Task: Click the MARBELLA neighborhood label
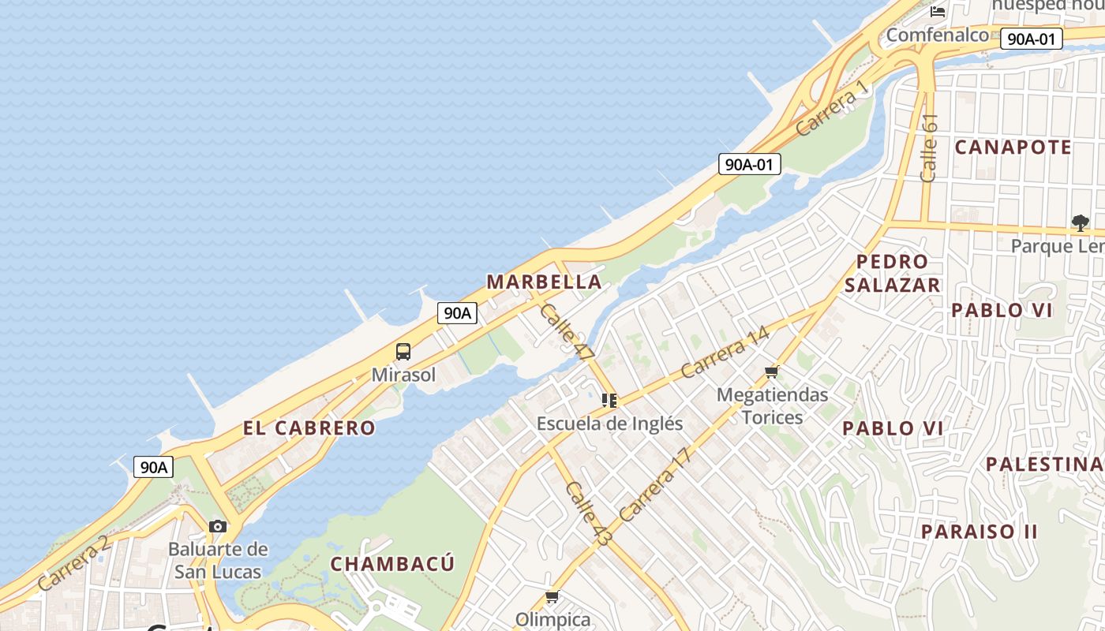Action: (x=544, y=282)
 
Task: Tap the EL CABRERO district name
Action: (x=309, y=428)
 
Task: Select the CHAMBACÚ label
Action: (x=392, y=564)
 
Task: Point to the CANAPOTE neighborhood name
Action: (x=1013, y=147)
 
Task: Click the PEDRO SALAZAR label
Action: (x=893, y=273)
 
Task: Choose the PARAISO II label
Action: (x=979, y=532)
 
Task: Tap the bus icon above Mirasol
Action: (x=403, y=351)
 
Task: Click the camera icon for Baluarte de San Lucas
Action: (x=218, y=526)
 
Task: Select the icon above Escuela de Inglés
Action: (x=609, y=401)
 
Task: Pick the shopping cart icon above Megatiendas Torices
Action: (x=772, y=372)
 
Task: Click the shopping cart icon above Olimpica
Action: (x=552, y=596)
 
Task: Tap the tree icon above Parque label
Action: (x=1080, y=223)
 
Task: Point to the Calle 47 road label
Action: (x=567, y=333)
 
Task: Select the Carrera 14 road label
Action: (x=725, y=351)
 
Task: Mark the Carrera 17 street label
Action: (x=655, y=485)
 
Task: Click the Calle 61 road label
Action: (x=929, y=147)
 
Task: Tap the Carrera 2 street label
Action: (x=73, y=563)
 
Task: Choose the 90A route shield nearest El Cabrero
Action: (x=153, y=467)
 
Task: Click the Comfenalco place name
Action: (x=937, y=35)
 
